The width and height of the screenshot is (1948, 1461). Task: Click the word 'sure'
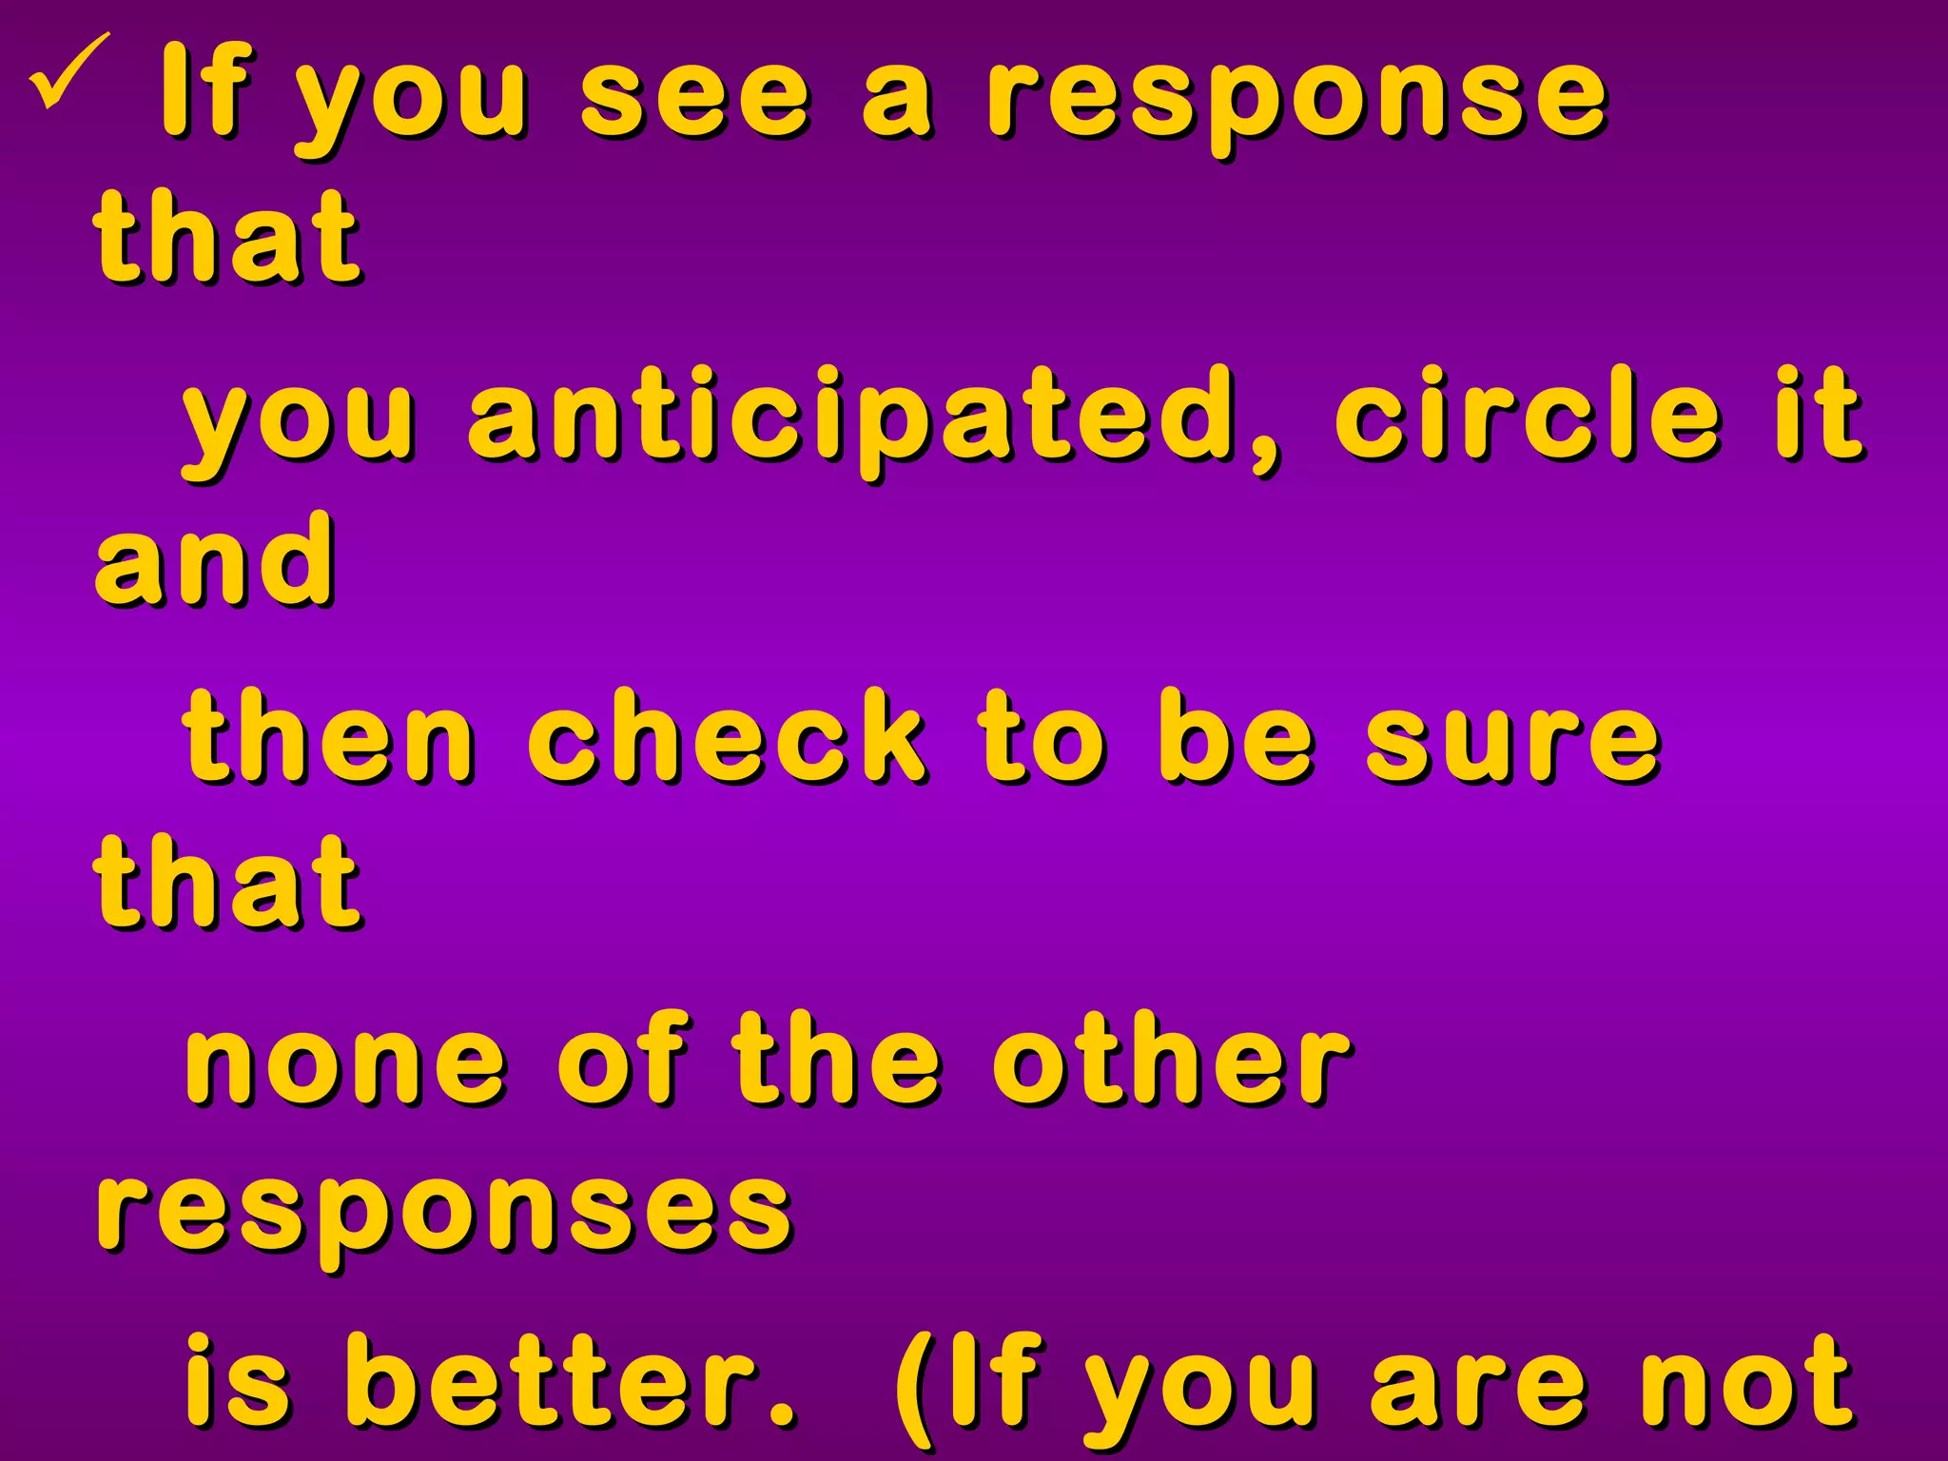(1513, 737)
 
